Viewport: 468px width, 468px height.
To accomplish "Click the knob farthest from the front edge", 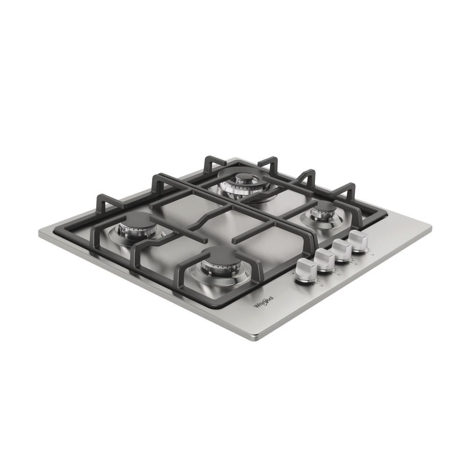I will (x=359, y=239).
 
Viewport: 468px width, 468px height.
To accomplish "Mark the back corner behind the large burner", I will (x=227, y=158).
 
